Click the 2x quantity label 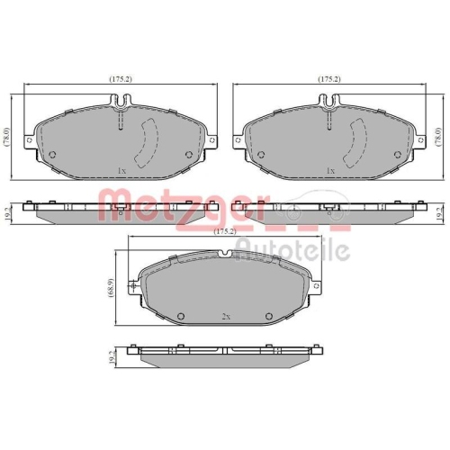tap(227, 318)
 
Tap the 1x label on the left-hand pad tap(121, 170)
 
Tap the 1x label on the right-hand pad tap(330, 170)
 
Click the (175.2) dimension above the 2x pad tap(224, 233)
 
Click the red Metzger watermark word tap(180, 205)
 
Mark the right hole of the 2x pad tap(270, 315)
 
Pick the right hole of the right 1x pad tap(396, 154)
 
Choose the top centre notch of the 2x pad tap(225, 256)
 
